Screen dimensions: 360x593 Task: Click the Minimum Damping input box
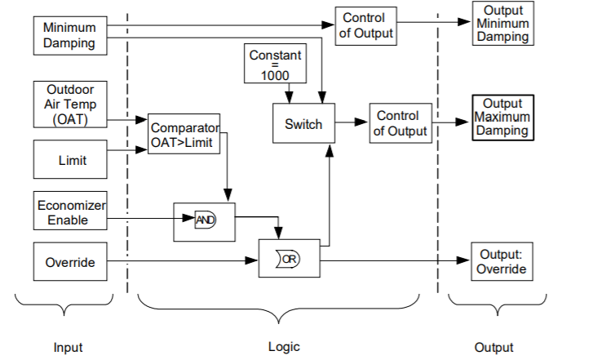(69, 35)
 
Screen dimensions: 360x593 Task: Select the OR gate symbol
(289, 260)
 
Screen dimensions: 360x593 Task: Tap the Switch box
(303, 125)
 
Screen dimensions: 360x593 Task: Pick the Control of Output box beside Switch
(400, 123)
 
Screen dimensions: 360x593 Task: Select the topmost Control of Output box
(364, 26)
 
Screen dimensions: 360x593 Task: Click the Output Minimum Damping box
(502, 24)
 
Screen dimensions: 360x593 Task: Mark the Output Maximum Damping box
(502, 118)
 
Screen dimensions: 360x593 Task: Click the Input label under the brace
(68, 347)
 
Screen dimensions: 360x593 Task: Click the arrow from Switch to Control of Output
(352, 123)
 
